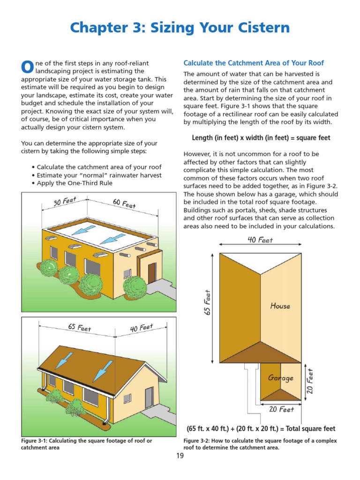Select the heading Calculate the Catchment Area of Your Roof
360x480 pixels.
(253, 63)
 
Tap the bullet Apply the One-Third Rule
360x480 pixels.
(75, 183)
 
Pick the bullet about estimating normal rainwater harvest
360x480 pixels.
(97, 175)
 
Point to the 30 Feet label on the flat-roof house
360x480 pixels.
(65, 202)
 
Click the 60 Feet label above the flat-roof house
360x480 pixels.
(124, 203)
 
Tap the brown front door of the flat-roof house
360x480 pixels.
(152, 272)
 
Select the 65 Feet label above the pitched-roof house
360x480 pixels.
(79, 327)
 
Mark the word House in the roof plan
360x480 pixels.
(280, 306)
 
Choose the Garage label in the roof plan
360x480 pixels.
(281, 378)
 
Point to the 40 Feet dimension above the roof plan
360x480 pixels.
(260, 240)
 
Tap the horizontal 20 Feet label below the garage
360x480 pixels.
(281, 409)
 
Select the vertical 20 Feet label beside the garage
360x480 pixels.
(310, 381)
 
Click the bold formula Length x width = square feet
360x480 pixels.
(261, 138)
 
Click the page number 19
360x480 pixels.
(180, 456)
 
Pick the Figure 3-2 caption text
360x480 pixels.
(260, 444)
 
